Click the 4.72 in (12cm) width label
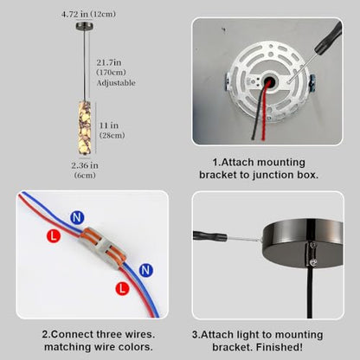tap(88, 14)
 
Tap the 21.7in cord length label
tap(109, 62)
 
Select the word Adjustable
tap(116, 83)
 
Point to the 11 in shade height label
tap(109, 125)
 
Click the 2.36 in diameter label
tap(85, 165)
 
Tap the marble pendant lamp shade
tap(85, 128)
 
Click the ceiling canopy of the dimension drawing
tap(84, 26)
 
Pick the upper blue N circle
tap(77, 218)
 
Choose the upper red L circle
tap(54, 236)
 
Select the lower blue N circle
tap(146, 270)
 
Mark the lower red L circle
tap(122, 288)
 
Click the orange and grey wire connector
tap(103, 247)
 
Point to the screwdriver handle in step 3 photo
tap(209, 235)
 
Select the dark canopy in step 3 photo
tap(303, 245)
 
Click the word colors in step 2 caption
tap(137, 346)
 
